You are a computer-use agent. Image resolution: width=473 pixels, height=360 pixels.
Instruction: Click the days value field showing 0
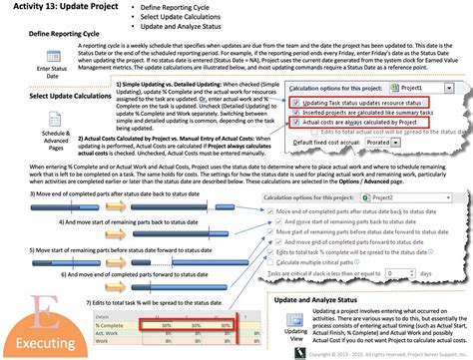tap(403, 272)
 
